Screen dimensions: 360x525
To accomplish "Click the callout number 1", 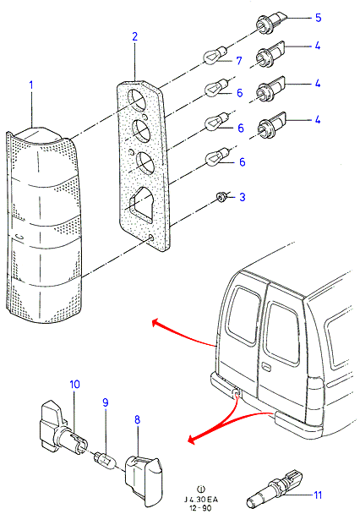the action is (x=31, y=85).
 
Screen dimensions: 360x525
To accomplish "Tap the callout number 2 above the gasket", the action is (x=135, y=36).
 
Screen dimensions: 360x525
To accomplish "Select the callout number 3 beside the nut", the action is (x=243, y=197).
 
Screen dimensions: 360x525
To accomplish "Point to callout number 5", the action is (x=318, y=18).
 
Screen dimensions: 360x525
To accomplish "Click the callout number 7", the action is (x=239, y=61).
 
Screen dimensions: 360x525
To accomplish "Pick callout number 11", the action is (x=317, y=495).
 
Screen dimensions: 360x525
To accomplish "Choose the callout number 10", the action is (x=75, y=384).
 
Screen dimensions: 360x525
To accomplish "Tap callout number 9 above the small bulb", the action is (x=106, y=402).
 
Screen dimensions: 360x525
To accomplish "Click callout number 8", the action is (x=137, y=419).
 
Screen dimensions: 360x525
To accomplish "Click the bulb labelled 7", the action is (x=215, y=56).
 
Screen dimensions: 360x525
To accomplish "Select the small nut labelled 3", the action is (x=221, y=198).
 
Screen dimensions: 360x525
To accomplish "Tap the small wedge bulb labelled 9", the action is (x=106, y=460).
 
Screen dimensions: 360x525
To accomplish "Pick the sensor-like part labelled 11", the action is (x=275, y=489).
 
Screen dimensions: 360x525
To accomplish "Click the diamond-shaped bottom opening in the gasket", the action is (x=140, y=202).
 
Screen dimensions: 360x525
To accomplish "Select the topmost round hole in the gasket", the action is (x=137, y=100).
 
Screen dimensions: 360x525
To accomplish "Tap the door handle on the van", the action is (x=267, y=367).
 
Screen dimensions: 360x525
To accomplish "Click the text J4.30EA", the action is (x=201, y=500).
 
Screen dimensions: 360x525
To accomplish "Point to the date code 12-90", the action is (x=200, y=508).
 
